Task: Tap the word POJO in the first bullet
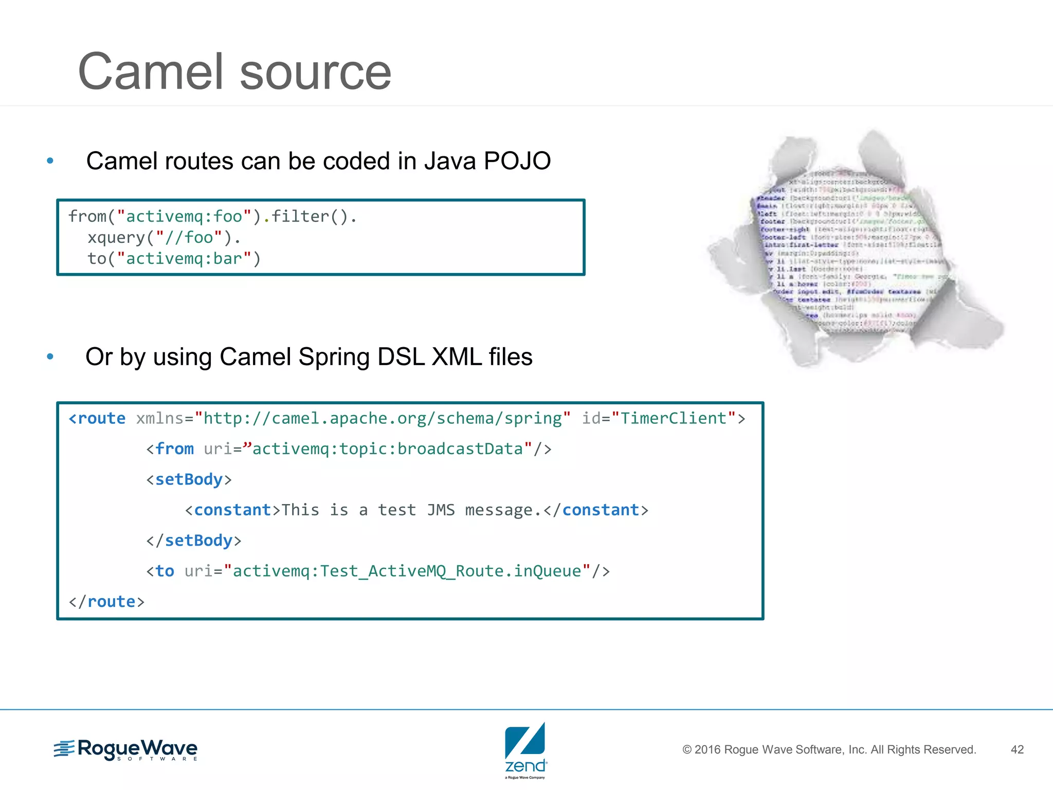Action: click(x=517, y=161)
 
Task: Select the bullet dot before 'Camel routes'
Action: click(x=50, y=161)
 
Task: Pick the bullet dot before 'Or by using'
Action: click(x=50, y=356)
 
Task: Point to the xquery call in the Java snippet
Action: click(x=116, y=238)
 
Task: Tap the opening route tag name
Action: click(x=101, y=419)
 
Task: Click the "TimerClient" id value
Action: click(x=674, y=419)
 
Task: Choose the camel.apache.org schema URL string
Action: click(x=383, y=419)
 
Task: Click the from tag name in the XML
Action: click(x=174, y=449)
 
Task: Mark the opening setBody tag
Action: click(x=189, y=479)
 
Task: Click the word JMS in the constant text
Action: click(x=441, y=510)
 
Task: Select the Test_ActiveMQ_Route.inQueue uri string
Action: click(x=407, y=571)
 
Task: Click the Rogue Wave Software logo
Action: click(x=126, y=749)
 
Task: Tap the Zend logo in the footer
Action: click(x=525, y=750)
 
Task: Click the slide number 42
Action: click(x=1017, y=749)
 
